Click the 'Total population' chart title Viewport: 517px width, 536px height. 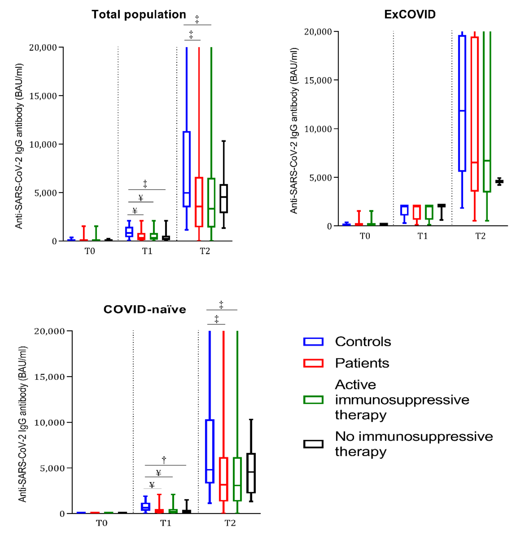coord(139,15)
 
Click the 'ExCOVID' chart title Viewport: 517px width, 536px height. coord(409,15)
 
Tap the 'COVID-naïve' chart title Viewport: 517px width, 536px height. coord(145,309)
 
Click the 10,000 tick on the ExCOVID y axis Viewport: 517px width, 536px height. coord(318,129)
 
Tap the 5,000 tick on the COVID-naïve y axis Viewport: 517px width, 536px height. coord(52,468)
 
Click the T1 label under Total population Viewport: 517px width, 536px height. coord(147,251)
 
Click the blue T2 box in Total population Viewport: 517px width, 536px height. coord(187,169)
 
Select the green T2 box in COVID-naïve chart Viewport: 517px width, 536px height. coord(237,479)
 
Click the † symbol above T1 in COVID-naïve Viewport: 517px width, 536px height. coord(164,460)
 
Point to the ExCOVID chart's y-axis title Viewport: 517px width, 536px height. coord(294,131)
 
